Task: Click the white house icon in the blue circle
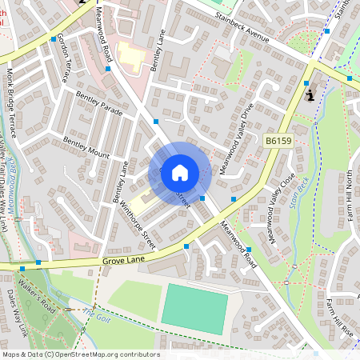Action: pyautogui.click(x=180, y=172)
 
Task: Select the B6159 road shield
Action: pyautogui.click(x=277, y=140)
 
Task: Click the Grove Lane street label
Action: pyautogui.click(x=126, y=261)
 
